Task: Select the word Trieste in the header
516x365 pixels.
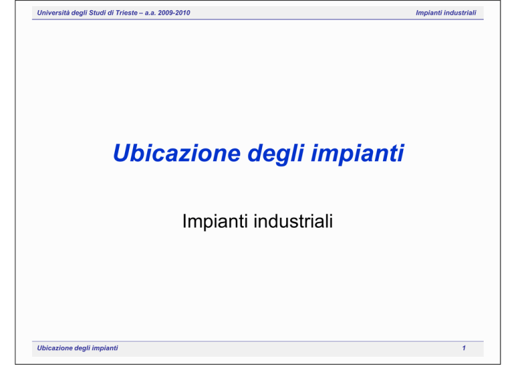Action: pyautogui.click(x=127, y=13)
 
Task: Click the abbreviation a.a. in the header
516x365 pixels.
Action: pyautogui.click(x=150, y=13)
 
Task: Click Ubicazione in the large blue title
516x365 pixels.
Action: pyautogui.click(x=177, y=153)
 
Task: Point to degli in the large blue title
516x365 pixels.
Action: pyautogui.click(x=275, y=154)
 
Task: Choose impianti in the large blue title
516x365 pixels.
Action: pyautogui.click(x=357, y=154)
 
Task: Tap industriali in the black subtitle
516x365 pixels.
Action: pyautogui.click(x=293, y=221)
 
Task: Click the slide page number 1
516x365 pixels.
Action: pyautogui.click(x=464, y=348)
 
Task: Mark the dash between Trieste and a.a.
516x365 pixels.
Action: pyautogui.click(x=141, y=13)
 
